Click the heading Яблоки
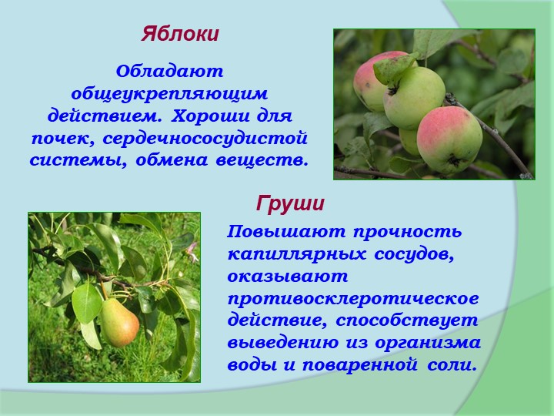180,35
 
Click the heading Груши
290,204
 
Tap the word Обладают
169,72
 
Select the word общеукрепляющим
169,95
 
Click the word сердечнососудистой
205,139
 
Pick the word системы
78,161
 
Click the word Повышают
286,232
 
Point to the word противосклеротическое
353,299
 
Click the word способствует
407,321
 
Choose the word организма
428,344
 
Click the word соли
451,365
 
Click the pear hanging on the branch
119,322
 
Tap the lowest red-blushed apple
449,139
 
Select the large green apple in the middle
414,97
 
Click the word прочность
407,232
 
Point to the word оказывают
288,277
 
